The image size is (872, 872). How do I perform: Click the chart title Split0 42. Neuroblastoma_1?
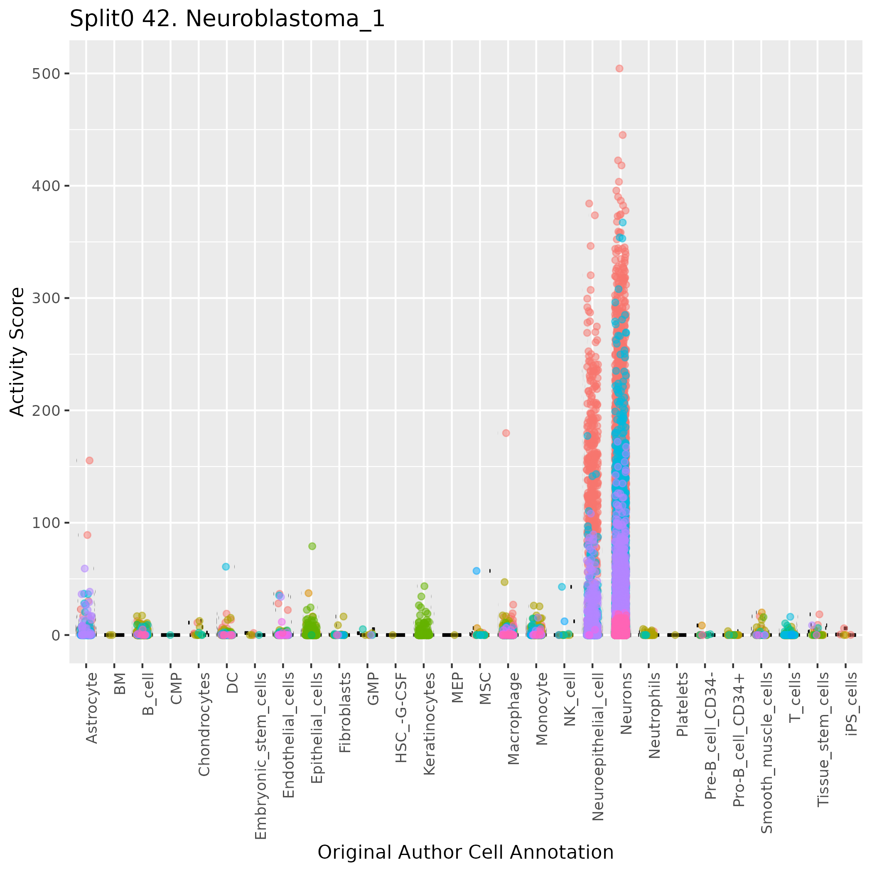pyautogui.click(x=227, y=20)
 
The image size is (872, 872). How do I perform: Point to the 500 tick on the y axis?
pyautogui.click(x=45, y=74)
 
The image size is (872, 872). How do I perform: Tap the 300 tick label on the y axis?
pyautogui.click(x=45, y=298)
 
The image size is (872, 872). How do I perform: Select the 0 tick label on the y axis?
pyautogui.click(x=56, y=635)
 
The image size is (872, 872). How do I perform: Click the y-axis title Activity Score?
pyautogui.click(x=17, y=352)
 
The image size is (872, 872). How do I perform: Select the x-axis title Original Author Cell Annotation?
pyautogui.click(x=465, y=852)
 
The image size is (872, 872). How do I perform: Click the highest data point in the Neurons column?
pyautogui.click(x=619, y=69)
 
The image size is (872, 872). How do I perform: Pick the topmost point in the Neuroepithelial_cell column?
pyautogui.click(x=589, y=204)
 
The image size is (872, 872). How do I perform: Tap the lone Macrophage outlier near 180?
pyautogui.click(x=506, y=433)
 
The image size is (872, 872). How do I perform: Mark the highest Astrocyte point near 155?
pyautogui.click(x=89, y=460)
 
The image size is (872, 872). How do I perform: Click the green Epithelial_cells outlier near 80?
pyautogui.click(x=312, y=546)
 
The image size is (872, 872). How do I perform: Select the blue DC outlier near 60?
pyautogui.click(x=226, y=566)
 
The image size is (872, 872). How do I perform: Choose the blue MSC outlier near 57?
pyautogui.click(x=476, y=570)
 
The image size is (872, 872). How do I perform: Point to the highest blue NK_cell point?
pyautogui.click(x=562, y=587)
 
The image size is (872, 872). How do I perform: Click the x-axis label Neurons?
pyautogui.click(x=626, y=704)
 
